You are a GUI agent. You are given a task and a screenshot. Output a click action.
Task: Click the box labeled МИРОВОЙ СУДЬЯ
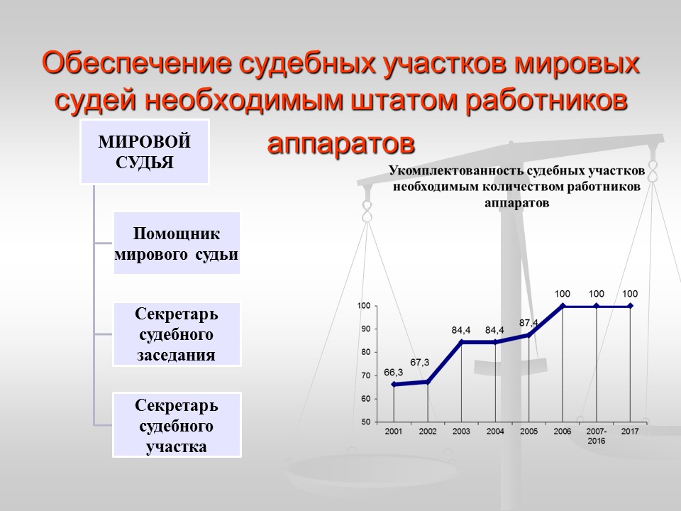point(145,152)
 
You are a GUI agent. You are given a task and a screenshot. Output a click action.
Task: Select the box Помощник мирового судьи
point(177,243)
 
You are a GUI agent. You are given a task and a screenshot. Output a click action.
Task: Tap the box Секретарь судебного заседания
point(177,334)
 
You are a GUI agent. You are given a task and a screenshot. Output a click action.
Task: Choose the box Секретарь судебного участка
point(177,424)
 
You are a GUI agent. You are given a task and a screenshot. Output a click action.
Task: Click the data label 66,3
point(394,372)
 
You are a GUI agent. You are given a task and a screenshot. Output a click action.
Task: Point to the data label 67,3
point(419,362)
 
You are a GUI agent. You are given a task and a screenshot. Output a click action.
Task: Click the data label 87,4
point(528,323)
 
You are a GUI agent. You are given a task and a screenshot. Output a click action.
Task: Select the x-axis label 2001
point(394,432)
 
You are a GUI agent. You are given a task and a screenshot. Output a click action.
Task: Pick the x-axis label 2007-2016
point(596,436)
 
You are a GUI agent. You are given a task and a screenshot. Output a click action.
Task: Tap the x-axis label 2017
point(630,432)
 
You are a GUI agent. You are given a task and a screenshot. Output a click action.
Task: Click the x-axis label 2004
point(495,432)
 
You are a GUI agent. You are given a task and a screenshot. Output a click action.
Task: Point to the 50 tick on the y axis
point(364,422)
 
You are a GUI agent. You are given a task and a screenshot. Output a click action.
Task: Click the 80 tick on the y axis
point(364,352)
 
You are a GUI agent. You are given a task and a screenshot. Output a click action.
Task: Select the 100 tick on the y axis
point(363,306)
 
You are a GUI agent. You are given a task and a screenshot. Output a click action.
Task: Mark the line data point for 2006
point(563,306)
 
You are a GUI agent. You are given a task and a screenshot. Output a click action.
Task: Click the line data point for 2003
point(461,342)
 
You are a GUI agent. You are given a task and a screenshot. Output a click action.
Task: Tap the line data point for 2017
point(630,306)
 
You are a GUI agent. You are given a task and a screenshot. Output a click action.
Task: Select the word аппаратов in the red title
point(340,143)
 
